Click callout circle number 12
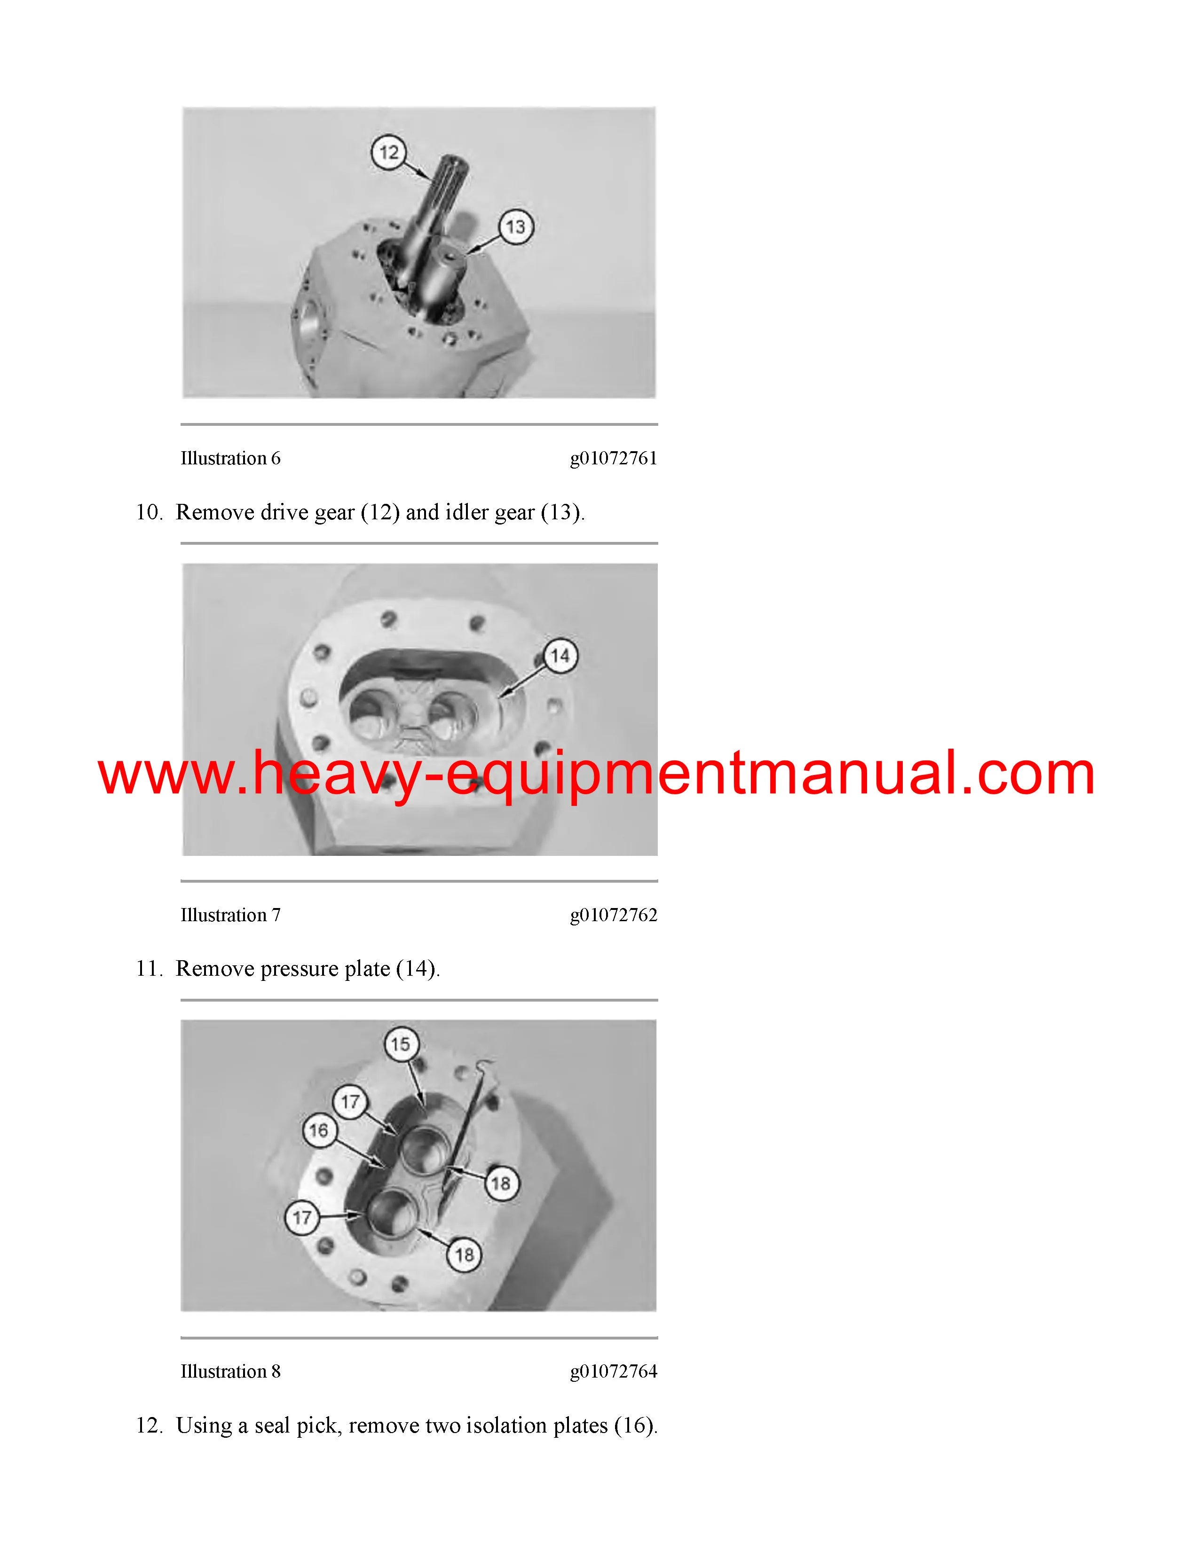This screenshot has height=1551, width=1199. point(388,152)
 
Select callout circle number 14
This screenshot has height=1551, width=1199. point(560,656)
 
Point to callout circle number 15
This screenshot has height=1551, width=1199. point(401,1044)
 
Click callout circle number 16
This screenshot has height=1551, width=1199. point(319,1130)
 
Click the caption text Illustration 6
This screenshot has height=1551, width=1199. point(230,458)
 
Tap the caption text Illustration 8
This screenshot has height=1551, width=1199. point(230,1371)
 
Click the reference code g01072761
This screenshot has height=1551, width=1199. point(614,459)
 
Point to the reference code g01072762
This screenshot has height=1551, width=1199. point(614,916)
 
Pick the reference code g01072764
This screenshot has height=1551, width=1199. point(614,1372)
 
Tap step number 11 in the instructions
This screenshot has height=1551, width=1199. point(149,969)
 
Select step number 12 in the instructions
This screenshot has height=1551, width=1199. point(149,1426)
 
